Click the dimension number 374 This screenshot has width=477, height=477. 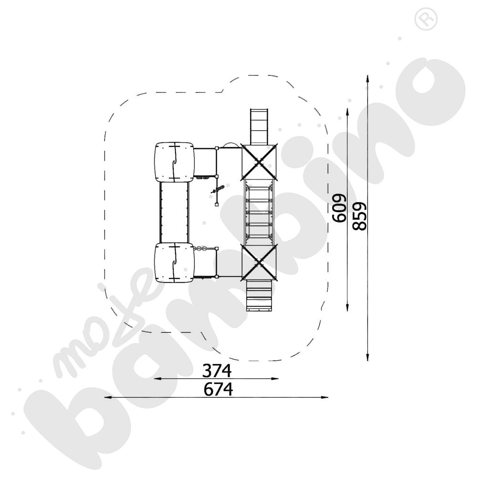[217, 371]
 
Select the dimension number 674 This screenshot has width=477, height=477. [218, 389]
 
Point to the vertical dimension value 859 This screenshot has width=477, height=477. [360, 216]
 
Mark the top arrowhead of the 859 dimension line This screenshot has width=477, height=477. [368, 79]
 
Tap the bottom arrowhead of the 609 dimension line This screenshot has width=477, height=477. [347, 307]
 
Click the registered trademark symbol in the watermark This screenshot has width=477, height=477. [426, 19]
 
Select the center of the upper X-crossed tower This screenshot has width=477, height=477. [259, 162]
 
